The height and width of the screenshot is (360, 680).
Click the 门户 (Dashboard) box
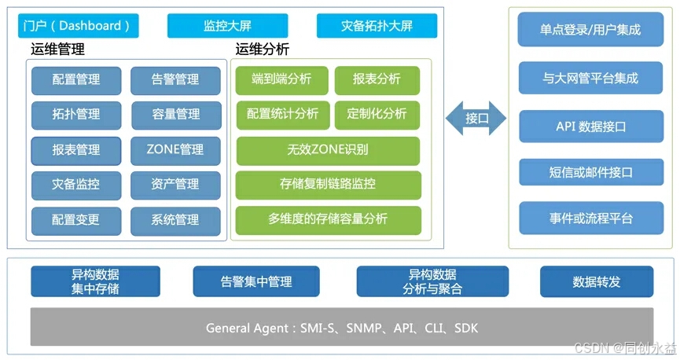pos(77,26)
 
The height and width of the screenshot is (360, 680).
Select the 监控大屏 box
pos(226,26)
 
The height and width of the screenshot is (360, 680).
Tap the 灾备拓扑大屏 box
pos(377,26)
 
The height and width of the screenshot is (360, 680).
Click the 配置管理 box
pos(76,79)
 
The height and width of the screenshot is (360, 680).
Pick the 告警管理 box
pos(175,79)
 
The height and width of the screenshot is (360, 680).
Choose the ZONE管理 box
pos(175,149)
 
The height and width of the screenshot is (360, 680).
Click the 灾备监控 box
pos(76,185)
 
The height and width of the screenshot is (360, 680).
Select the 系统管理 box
pos(175,219)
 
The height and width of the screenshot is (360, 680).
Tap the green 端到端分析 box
pos(281,79)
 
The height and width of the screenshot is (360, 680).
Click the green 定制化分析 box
pos(377,114)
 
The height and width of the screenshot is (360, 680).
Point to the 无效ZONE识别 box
pos(328,149)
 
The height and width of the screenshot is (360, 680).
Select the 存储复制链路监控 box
pos(328,185)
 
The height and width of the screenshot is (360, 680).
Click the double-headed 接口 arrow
pos(476,119)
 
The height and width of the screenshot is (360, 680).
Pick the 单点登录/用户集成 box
pos(590,30)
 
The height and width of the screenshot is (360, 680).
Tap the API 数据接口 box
pos(590,126)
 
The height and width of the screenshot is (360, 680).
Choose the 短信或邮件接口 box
pos(590,171)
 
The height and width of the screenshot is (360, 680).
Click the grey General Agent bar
pos(341,327)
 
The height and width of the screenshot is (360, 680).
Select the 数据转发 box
pos(597,281)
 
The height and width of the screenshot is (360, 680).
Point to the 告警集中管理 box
pos(256,281)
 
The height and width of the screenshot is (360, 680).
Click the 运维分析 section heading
pos(263,50)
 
